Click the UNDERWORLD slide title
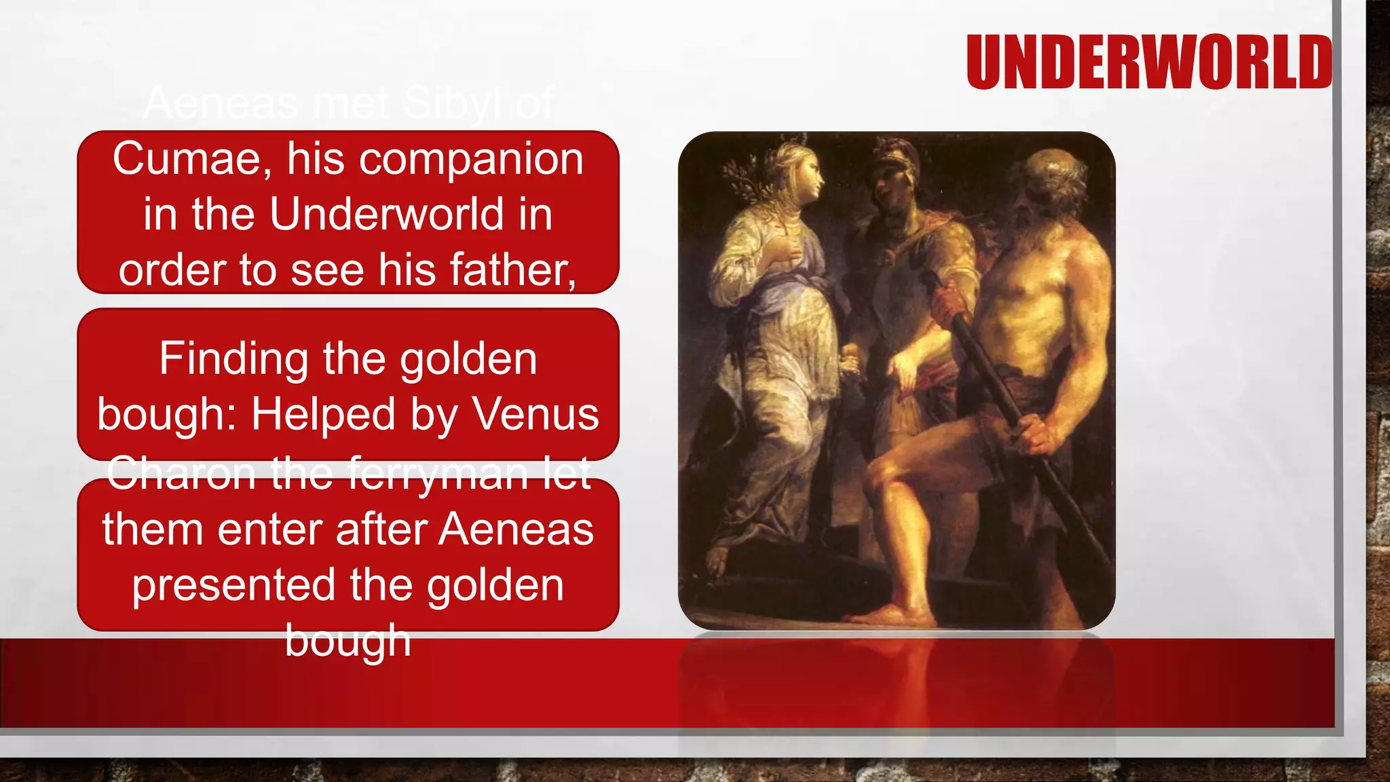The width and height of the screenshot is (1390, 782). tap(1148, 62)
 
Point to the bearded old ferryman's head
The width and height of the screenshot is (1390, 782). tap(1052, 183)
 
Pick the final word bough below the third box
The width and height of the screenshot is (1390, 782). tap(347, 640)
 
